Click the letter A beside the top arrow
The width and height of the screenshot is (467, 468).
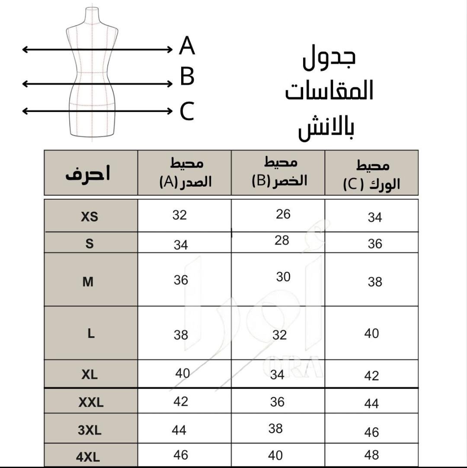pyautogui.click(x=187, y=46)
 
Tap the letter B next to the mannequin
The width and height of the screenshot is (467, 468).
pyautogui.click(x=187, y=77)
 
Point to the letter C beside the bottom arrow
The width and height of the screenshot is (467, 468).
pyautogui.click(x=187, y=111)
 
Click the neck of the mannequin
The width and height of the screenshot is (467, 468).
pyautogui.click(x=91, y=16)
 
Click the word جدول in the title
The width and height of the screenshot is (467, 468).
pyautogui.click(x=329, y=59)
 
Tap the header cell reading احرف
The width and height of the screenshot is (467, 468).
pyautogui.click(x=88, y=173)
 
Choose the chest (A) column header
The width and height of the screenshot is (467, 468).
pyautogui.click(x=186, y=173)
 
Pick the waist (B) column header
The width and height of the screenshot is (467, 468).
pyautogui.click(x=279, y=172)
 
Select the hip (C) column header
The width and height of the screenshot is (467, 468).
pyautogui.click(x=372, y=175)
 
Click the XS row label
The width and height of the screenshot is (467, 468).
pyautogui.click(x=90, y=216)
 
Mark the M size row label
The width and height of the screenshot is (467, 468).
pyautogui.click(x=88, y=282)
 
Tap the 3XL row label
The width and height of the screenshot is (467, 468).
pyautogui.click(x=90, y=430)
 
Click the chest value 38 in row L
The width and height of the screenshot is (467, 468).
pyautogui.click(x=181, y=334)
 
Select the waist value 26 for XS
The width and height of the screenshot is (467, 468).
pyautogui.click(x=283, y=214)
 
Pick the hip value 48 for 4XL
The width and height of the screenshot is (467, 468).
pyautogui.click(x=371, y=455)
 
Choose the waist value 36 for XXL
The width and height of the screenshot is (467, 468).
pyautogui.click(x=277, y=402)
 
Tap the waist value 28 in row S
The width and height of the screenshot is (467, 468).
pyautogui.click(x=281, y=240)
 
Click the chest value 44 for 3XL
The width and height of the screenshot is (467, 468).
pyautogui.click(x=179, y=430)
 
